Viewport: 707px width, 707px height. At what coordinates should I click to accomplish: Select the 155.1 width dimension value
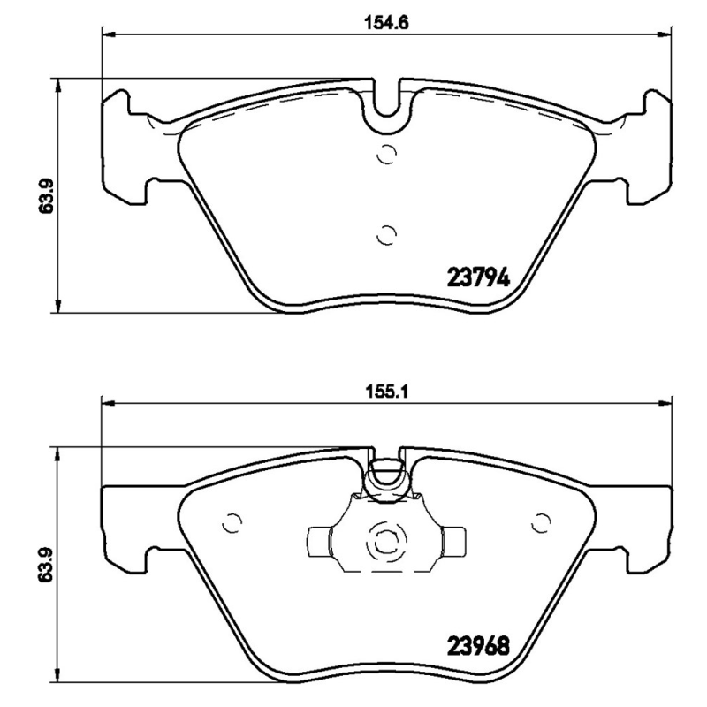386,390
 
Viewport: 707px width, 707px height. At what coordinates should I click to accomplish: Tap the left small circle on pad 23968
232,523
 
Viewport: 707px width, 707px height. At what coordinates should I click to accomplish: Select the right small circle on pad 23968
540,523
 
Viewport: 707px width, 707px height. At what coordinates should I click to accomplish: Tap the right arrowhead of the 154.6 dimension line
665,34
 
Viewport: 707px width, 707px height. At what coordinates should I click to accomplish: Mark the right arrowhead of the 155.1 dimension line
665,402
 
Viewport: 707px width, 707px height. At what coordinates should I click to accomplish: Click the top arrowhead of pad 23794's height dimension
58,84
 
